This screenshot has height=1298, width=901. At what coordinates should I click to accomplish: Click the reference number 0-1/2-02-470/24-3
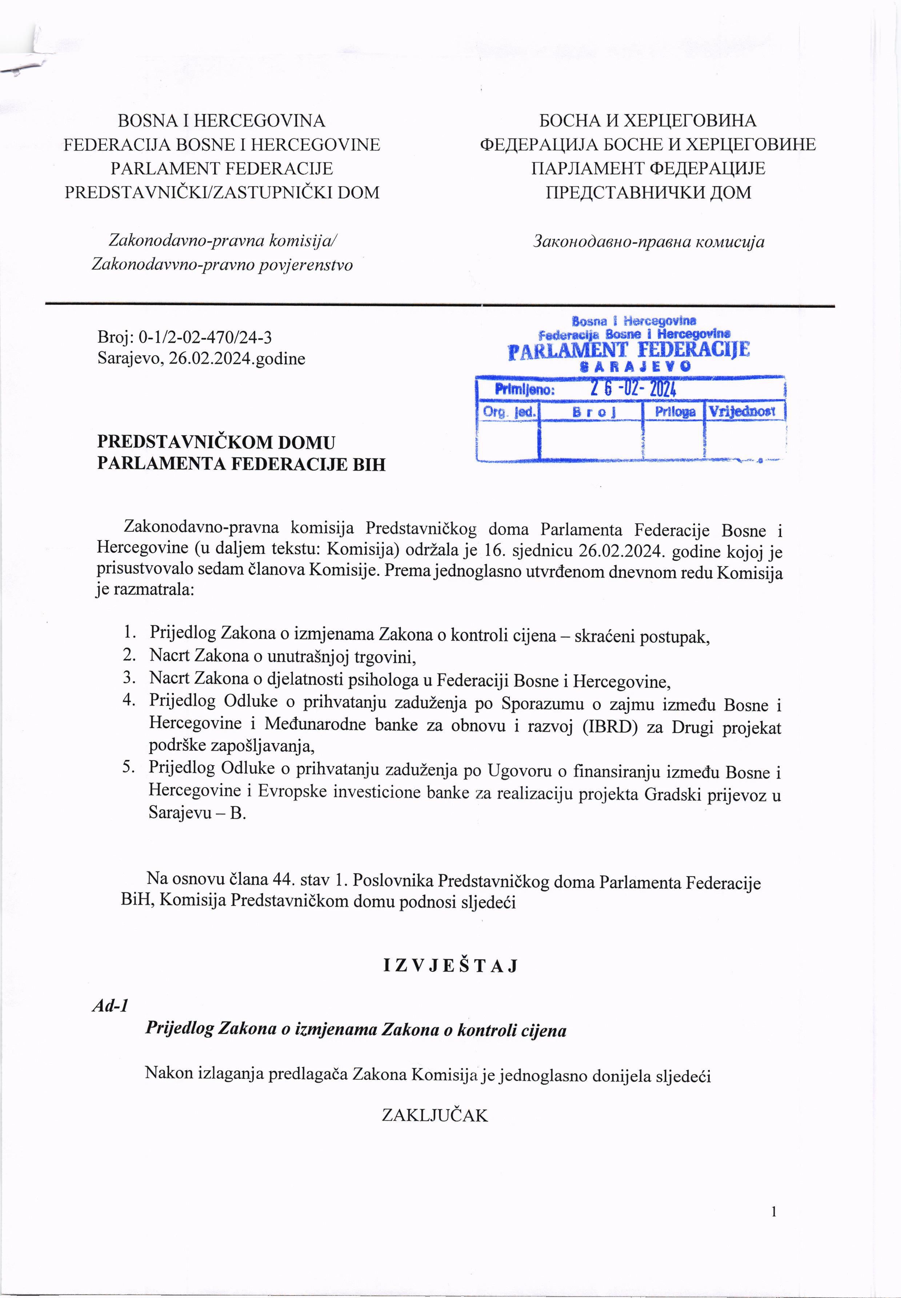pyautogui.click(x=205, y=337)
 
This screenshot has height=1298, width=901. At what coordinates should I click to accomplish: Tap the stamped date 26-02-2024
pyautogui.click(x=633, y=389)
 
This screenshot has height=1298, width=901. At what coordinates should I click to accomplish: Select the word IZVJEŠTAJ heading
pyautogui.click(x=450, y=966)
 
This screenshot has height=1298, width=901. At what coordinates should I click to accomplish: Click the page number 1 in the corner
pyautogui.click(x=774, y=1211)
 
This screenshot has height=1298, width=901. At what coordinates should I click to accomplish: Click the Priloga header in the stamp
pyautogui.click(x=674, y=412)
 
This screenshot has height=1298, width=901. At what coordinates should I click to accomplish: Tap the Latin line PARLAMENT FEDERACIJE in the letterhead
pyautogui.click(x=222, y=168)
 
